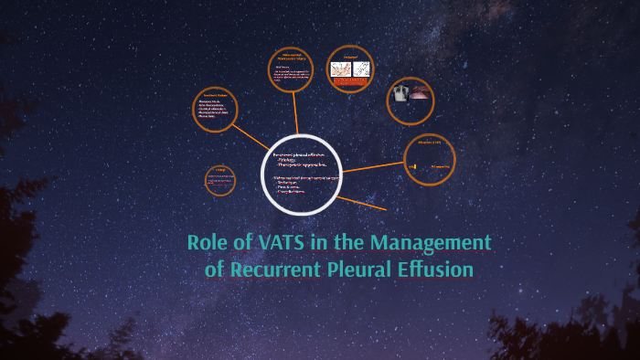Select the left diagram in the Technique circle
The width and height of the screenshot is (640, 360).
[x=340, y=69]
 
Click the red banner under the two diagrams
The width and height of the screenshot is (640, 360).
[x=350, y=82]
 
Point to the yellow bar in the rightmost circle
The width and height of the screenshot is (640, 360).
[x=414, y=166]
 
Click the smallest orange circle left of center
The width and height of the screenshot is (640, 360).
[x=219, y=181]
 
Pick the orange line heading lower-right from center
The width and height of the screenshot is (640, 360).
[x=361, y=202]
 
